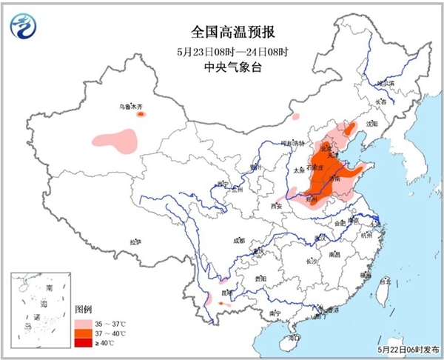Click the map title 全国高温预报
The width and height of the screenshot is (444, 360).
[x=222, y=32]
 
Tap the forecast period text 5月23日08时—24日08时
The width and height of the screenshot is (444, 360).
[x=222, y=52]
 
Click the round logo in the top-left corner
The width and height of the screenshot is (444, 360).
[x=23, y=25]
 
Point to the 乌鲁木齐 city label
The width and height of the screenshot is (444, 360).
[x=130, y=107]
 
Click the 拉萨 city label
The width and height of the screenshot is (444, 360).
[x=135, y=241]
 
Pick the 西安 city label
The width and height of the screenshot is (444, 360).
[x=277, y=205]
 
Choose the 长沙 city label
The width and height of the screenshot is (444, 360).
[x=311, y=261]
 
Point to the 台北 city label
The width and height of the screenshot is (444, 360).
[x=383, y=282]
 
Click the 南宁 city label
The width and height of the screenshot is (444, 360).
[x=275, y=313]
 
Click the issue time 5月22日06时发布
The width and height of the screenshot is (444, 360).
[x=408, y=350]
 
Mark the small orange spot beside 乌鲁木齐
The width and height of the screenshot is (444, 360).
[x=141, y=114]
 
